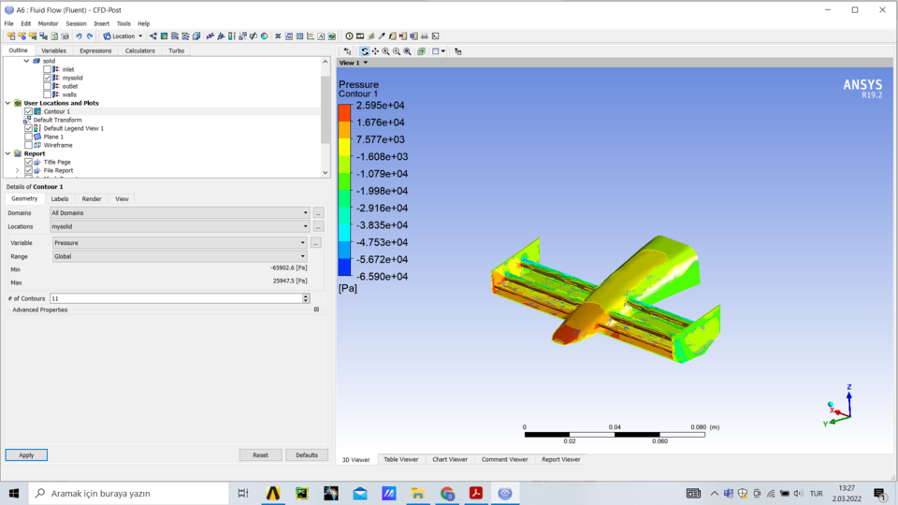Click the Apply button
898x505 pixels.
[x=26, y=455]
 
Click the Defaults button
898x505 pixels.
[x=307, y=455]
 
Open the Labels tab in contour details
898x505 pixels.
[x=60, y=199]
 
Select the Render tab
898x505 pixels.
[x=92, y=199]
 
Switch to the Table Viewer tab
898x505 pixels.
[x=401, y=460]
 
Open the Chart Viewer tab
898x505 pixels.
[x=450, y=460]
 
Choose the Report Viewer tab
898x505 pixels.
[x=561, y=460]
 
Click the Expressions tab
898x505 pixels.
[x=95, y=50]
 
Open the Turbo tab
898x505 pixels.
[x=176, y=50]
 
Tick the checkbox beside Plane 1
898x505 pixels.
[x=28, y=137]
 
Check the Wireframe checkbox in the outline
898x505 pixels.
[x=28, y=145]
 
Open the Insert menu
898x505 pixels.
[x=101, y=23]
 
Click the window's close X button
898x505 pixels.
[x=880, y=9]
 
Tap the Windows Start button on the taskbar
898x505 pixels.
[x=14, y=493]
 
